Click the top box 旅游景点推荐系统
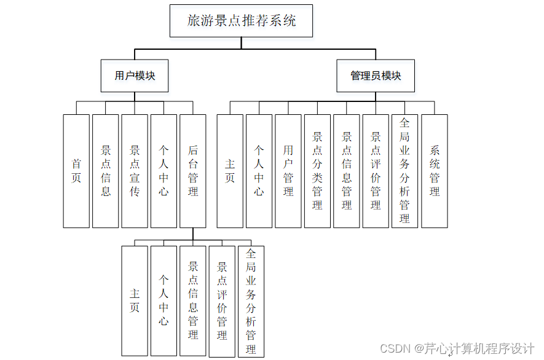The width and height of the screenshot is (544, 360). point(242,21)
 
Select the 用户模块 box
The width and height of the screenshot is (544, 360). point(135,76)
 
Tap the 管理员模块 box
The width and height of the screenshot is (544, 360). point(376,76)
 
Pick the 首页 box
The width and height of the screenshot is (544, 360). point(76,171)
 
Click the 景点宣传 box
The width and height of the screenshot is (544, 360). point(135,171)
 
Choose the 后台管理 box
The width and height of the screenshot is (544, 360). point(193,171)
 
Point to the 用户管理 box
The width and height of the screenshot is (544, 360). point(288,171)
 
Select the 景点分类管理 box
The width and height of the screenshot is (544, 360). point(317,171)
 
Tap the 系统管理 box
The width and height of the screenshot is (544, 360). point(435,171)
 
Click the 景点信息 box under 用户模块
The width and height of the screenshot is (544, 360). point(106,171)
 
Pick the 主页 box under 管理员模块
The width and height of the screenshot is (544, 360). point(230,171)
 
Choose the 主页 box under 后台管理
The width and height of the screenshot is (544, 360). point(135,301)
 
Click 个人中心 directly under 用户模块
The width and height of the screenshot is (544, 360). point(164,171)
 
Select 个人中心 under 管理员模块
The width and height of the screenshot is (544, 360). point(259,171)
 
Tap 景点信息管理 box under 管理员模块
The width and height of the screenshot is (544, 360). point(347,171)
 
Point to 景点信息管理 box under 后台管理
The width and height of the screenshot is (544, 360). point(193,301)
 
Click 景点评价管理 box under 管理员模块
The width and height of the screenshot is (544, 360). point(376,171)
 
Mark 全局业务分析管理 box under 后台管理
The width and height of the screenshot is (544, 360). point(251,301)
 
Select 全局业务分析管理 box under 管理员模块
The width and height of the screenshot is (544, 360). point(404,171)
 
